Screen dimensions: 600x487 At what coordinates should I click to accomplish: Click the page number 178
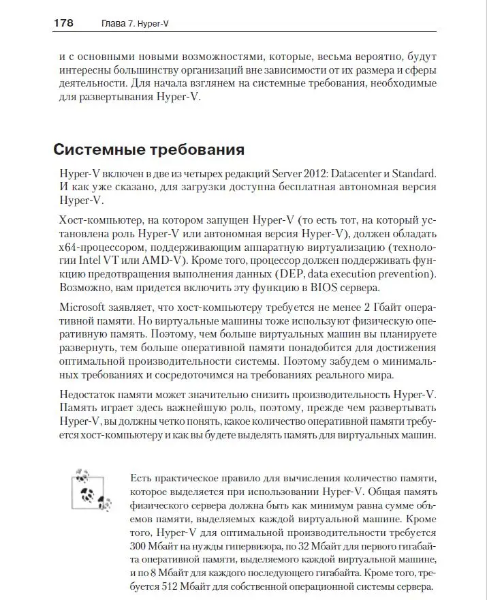63,23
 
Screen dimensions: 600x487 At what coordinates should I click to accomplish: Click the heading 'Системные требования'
148,149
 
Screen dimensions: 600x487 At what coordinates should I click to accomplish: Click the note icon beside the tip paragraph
89,489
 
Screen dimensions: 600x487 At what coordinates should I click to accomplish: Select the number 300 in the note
139,547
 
